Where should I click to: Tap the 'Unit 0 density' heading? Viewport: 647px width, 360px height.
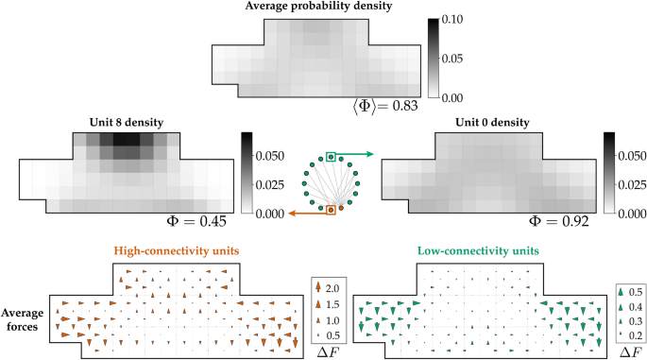click(x=487, y=122)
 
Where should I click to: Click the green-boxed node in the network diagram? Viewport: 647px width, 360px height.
click(x=332, y=157)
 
